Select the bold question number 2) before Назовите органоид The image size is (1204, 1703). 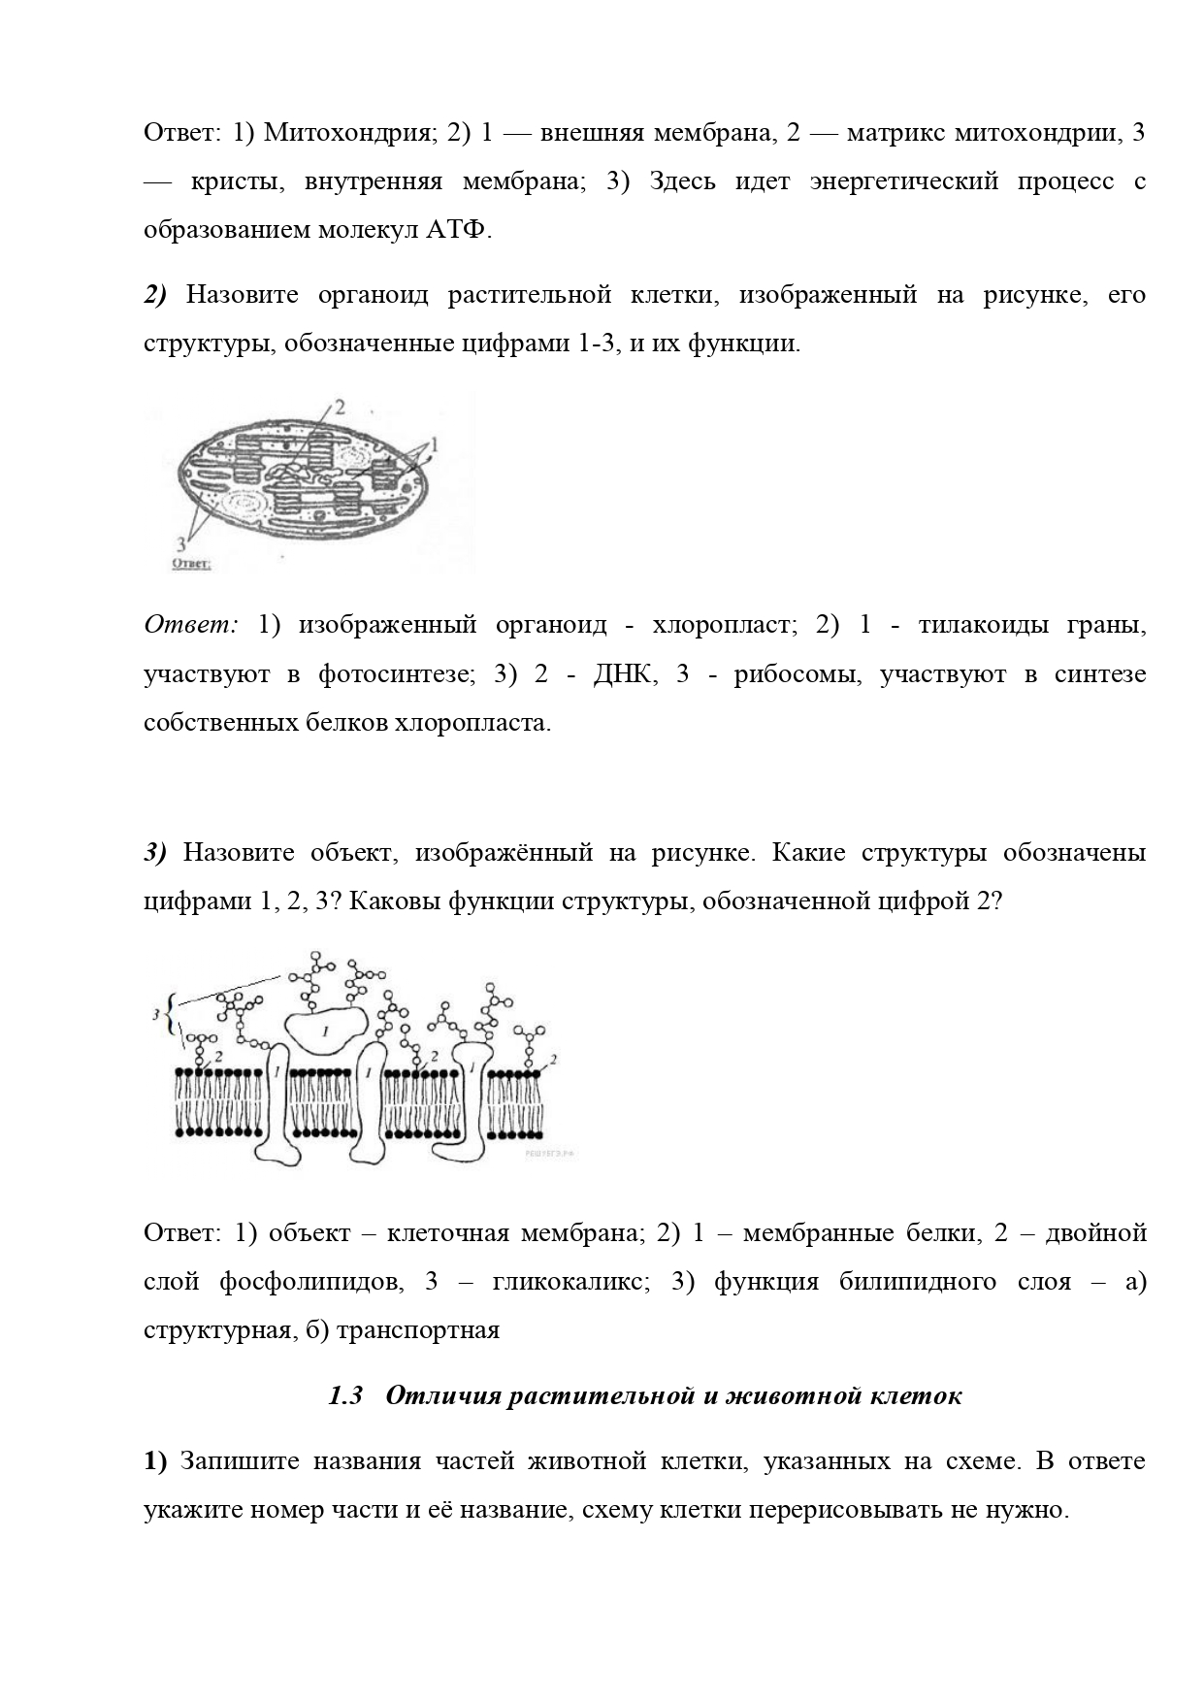click(x=156, y=295)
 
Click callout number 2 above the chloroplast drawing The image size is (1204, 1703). click(x=339, y=408)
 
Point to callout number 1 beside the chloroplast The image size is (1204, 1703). click(x=434, y=445)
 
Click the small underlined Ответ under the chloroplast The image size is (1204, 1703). click(x=191, y=562)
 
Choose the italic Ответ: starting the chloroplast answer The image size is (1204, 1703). click(x=191, y=625)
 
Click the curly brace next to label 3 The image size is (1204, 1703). click(x=171, y=1014)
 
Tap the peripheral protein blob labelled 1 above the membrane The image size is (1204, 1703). click(x=325, y=1029)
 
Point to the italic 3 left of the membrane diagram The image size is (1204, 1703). click(x=156, y=1014)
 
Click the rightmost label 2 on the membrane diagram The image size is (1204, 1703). click(x=552, y=1061)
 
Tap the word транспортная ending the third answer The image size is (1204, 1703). click(x=416, y=1329)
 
